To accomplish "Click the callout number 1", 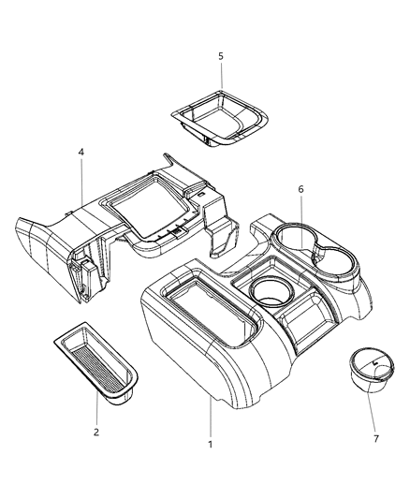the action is pos(210,445).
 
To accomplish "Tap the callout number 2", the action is pos(96,432).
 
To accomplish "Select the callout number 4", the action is pos(81,152).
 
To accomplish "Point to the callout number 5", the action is pos(221,56).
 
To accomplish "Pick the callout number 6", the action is pos(300,189).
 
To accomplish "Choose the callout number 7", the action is pos(376,439).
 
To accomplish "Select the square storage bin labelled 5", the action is pos(219,119).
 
